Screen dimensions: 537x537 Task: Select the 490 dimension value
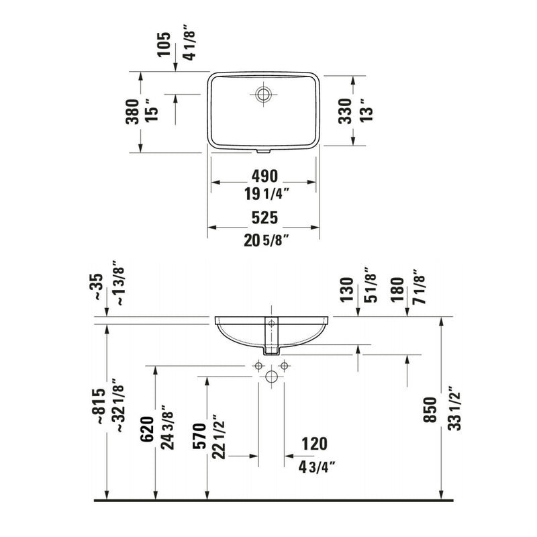[x=264, y=176]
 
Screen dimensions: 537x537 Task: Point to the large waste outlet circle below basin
[x=271, y=376]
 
